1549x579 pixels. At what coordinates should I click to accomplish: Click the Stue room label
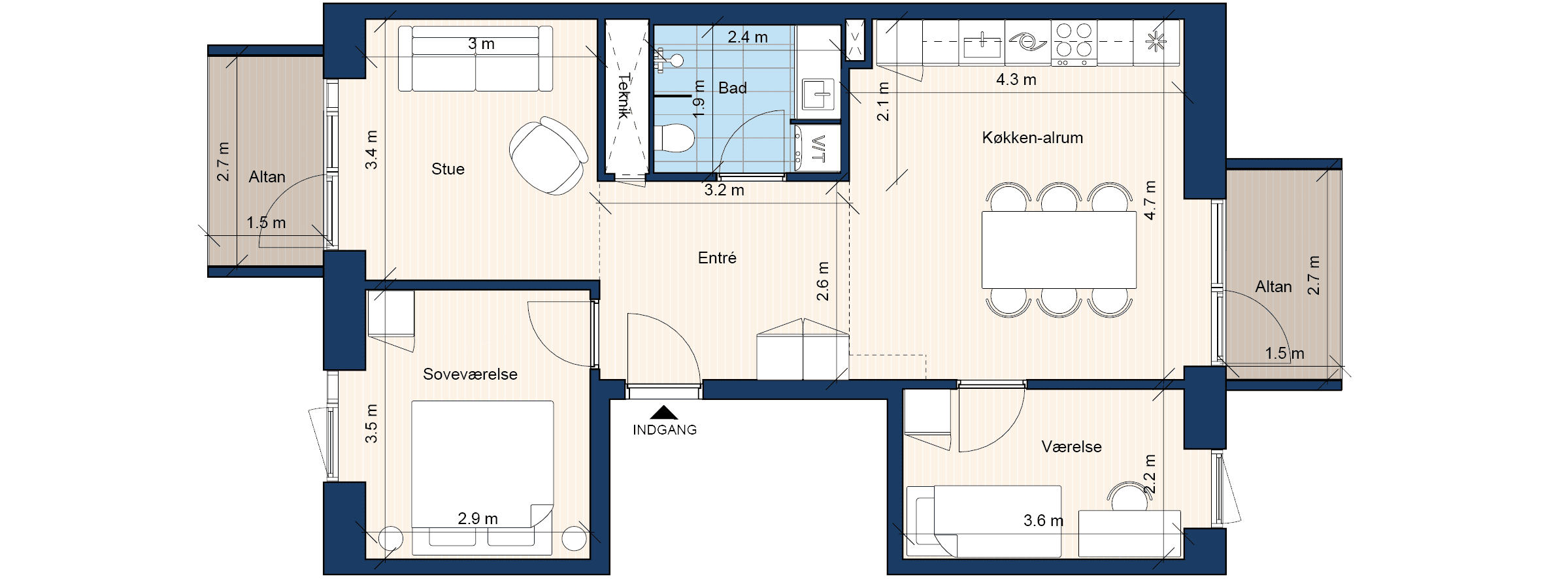coord(448,169)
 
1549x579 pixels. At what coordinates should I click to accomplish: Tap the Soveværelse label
coord(470,374)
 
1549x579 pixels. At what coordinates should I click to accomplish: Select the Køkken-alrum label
coord(1033,138)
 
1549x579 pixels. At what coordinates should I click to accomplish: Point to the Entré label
coord(717,258)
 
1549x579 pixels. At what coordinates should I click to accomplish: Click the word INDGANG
coord(665,430)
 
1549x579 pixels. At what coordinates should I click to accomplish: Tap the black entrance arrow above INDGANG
coord(664,412)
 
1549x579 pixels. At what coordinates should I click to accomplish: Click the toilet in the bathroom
coord(674,138)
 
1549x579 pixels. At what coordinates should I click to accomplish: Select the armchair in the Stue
coord(548,156)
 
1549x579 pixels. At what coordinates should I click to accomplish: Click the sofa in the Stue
coord(475,58)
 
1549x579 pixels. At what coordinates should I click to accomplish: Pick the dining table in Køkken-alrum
coord(1059,250)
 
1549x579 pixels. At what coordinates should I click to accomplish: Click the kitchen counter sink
coord(982,44)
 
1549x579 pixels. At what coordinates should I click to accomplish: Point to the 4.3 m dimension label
coord(1016,80)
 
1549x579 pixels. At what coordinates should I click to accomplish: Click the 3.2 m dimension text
coord(724,190)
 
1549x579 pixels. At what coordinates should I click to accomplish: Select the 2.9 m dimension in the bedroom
coord(478,519)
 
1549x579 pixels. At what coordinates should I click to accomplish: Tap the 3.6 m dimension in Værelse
coord(1044,521)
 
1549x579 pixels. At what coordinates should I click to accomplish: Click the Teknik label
coord(624,96)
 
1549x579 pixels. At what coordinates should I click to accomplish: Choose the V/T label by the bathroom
coord(818,149)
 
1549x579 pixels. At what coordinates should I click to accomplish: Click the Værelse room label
coord(1072,447)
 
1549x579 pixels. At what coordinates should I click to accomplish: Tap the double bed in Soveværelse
coord(482,478)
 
